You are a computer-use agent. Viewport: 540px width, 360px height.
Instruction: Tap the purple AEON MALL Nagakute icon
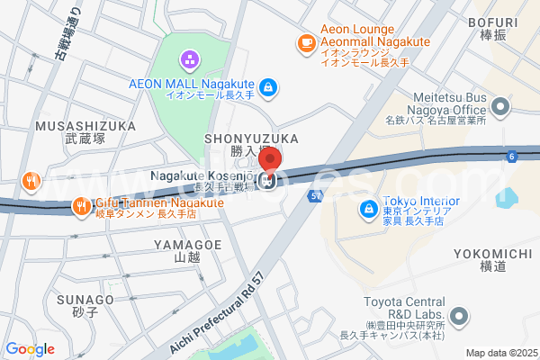point(191,61)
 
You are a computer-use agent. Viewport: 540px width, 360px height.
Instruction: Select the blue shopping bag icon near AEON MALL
point(267,87)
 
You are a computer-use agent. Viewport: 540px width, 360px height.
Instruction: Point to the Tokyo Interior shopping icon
point(368,210)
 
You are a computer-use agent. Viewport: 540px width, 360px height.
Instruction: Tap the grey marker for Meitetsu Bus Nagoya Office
point(500,108)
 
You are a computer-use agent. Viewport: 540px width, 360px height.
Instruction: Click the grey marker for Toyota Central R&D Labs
point(459,316)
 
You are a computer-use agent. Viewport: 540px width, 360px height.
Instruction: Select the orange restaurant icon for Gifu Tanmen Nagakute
point(80,204)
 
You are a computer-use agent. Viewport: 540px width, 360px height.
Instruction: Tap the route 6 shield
point(511,157)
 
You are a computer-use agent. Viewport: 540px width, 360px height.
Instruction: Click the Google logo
point(31,349)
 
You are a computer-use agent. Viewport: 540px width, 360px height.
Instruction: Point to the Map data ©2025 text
point(500,353)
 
